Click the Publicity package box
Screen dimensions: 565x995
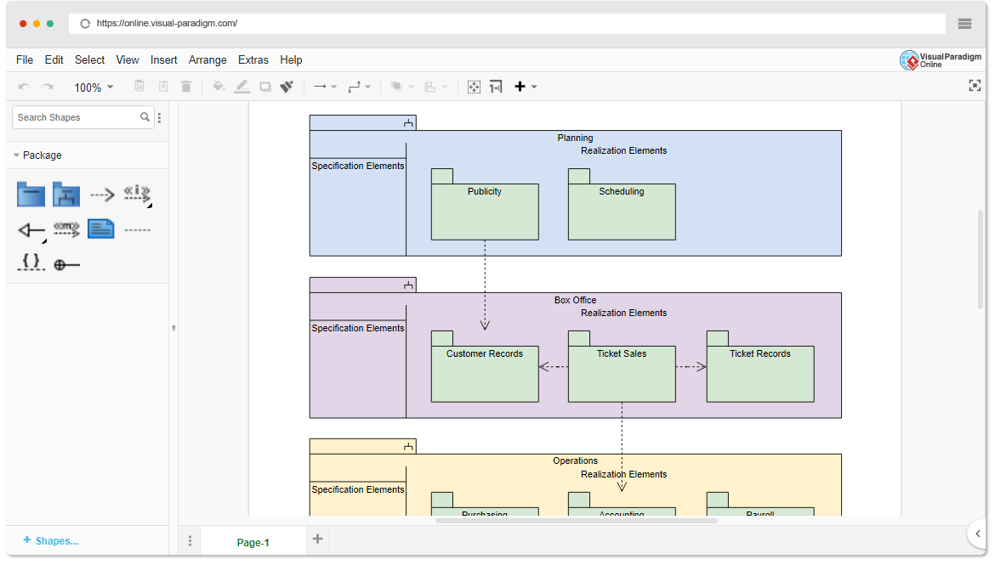pos(485,212)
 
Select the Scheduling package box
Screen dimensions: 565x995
pos(622,212)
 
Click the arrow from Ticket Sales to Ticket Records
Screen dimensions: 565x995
pos(691,367)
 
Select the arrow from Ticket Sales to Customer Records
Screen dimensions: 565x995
pos(554,367)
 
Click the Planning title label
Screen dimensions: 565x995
pos(575,138)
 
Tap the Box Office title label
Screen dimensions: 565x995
pos(575,300)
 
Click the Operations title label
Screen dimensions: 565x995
pos(575,461)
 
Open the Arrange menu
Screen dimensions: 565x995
pos(208,60)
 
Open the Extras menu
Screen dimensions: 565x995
pos(253,60)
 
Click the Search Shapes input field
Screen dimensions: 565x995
pos(77,117)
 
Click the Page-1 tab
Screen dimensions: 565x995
pos(253,543)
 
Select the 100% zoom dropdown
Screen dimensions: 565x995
pos(93,88)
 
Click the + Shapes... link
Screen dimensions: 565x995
pos(51,540)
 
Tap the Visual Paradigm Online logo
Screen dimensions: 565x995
pos(940,60)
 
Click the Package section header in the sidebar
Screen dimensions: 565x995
pos(42,155)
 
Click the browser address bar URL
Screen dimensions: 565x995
pos(167,24)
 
